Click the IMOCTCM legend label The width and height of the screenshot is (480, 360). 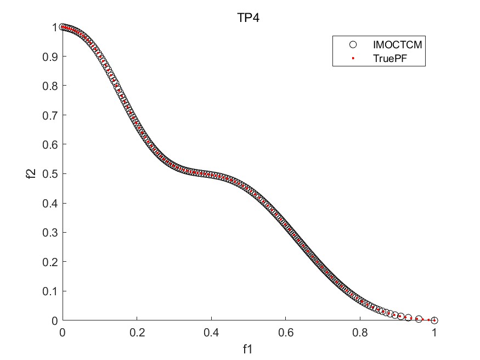coord(392,44)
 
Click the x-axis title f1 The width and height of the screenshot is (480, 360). coord(249,348)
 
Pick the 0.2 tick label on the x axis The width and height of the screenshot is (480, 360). coord(137,333)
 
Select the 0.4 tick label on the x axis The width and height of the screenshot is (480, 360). coord(211,333)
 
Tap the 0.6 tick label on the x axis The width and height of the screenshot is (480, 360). coord(286,333)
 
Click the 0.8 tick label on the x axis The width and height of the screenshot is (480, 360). coord(360,333)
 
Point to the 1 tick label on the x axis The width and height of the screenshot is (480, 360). coord(434,333)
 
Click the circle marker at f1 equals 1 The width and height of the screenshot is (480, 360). coord(434,320)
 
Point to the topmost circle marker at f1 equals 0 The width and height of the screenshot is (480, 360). coord(63,27)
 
